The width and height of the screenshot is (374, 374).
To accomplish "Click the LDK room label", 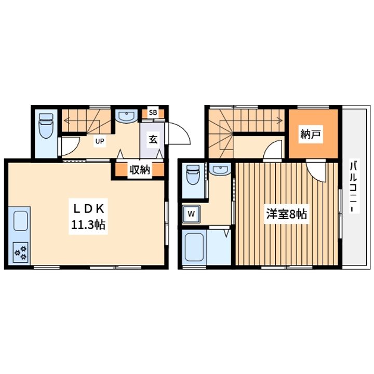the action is (88, 209).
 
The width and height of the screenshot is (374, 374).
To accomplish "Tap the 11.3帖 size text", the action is (88, 225).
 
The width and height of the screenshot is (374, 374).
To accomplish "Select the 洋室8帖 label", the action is (286, 213).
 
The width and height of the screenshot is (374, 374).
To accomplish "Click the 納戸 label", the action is (310, 135).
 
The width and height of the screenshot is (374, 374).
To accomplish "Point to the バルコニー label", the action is (354, 186).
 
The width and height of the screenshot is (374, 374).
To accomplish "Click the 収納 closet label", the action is (140, 169).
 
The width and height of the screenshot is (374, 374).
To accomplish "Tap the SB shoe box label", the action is (153, 113).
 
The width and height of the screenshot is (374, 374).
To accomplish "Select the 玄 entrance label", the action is (153, 139).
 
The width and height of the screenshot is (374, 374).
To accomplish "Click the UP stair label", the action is (100, 141).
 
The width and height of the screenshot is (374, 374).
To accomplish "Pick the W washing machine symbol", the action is (191, 213).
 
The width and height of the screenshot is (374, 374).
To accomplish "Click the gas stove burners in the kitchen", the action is (21, 252).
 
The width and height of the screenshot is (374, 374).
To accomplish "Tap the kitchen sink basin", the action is (20, 221).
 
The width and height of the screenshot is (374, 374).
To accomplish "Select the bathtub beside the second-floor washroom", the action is (194, 247).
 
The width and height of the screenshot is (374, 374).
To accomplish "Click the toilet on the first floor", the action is (46, 126).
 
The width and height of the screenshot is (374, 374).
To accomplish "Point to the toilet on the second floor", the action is (193, 175).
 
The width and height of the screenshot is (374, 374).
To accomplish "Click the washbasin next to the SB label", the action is (126, 116).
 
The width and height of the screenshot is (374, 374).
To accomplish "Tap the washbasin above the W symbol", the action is (220, 169).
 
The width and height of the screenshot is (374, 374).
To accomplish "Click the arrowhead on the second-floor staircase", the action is (281, 120).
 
